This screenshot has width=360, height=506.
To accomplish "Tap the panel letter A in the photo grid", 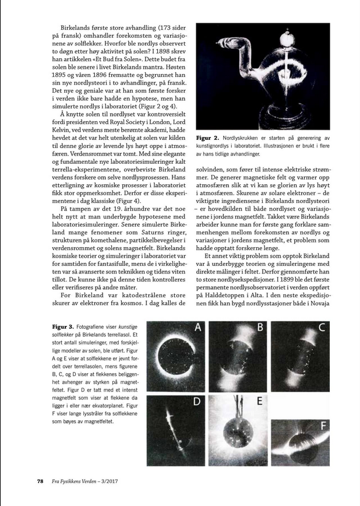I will point(199,328).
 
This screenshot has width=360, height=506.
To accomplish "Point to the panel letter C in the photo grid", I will point(322,329).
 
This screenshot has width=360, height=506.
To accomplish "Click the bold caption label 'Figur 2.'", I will point(208,138).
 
